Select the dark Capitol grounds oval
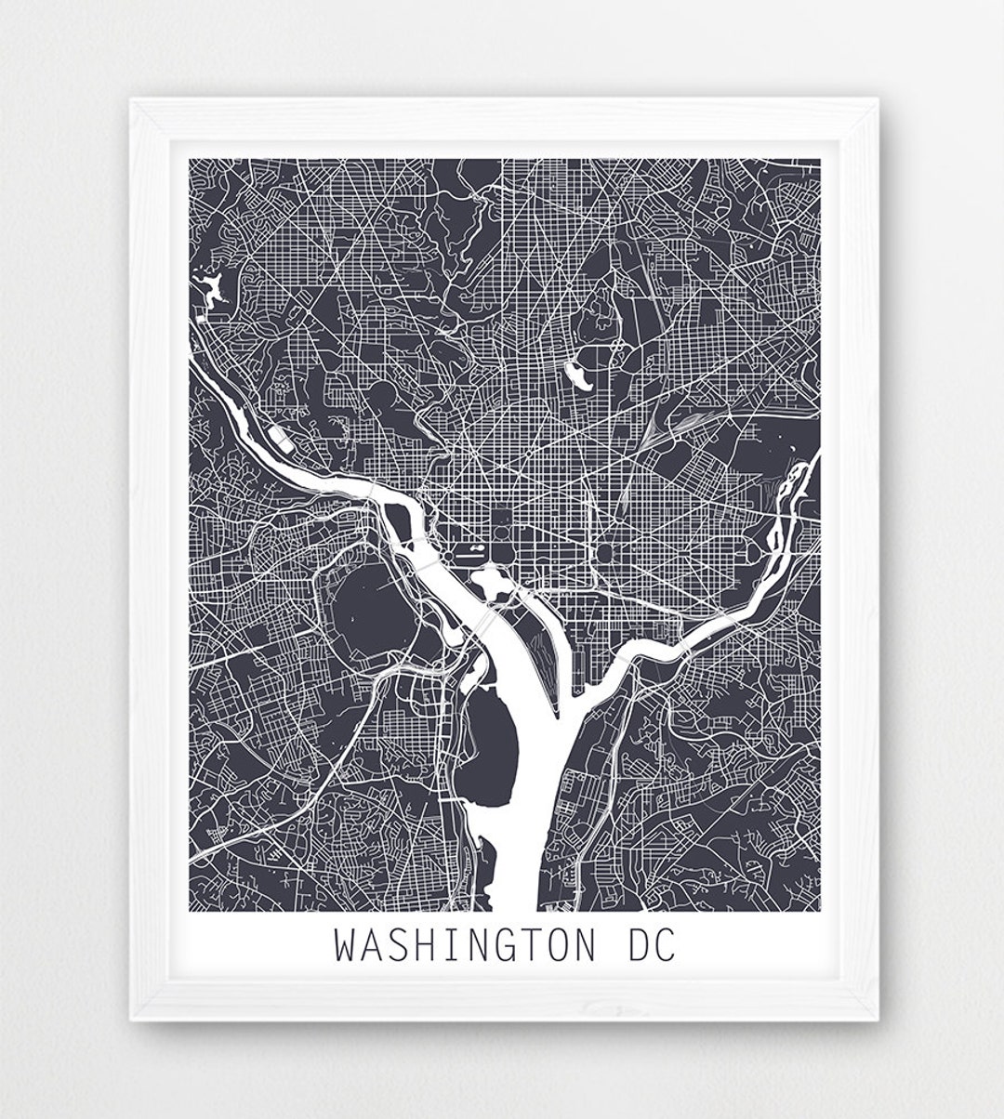pos(605,556)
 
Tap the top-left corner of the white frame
pos(132,104)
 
